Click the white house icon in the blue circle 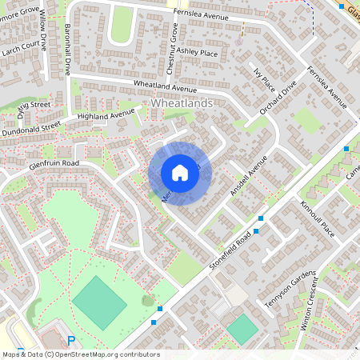179,173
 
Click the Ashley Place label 197,52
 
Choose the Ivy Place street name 264,80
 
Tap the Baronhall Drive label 67,50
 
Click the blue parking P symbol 71,341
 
